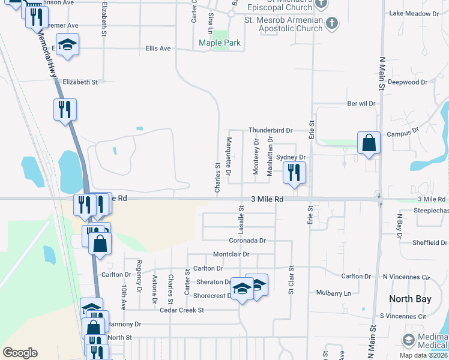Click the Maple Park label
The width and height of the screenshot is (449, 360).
pos(220,43)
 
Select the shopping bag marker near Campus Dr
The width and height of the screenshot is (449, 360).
pos(369,144)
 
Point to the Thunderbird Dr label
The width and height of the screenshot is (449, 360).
pos(271,130)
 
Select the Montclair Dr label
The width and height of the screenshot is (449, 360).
pos(231,254)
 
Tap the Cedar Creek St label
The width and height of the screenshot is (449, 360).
pos(182,310)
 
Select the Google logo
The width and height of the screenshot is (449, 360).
pos(20,353)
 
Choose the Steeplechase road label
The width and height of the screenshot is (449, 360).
pos(431,211)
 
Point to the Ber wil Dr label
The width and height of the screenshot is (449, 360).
pos(361,103)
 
